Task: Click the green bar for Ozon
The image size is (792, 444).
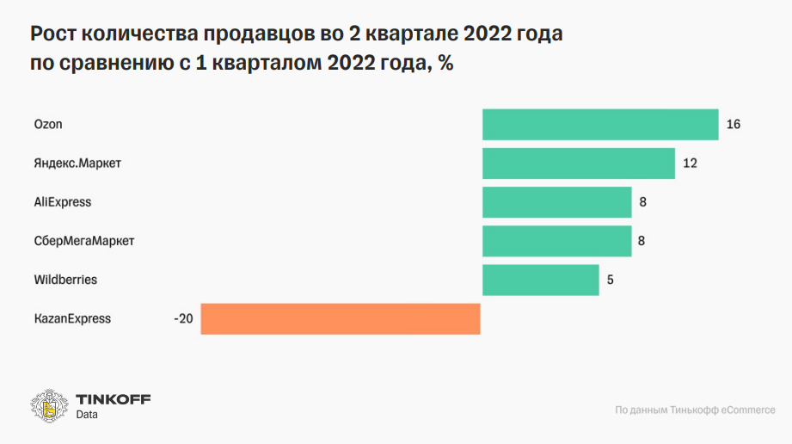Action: (x=599, y=125)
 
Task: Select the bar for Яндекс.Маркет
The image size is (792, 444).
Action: (x=578, y=163)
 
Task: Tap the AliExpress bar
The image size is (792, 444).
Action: (x=556, y=202)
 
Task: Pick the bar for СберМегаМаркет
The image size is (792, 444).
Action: (x=556, y=241)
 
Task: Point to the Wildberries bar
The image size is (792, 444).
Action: (x=540, y=280)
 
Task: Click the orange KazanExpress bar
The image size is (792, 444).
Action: (x=340, y=318)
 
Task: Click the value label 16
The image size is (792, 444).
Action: (x=734, y=125)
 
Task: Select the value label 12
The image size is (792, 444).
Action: (x=690, y=163)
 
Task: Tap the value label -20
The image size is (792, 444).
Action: (x=183, y=319)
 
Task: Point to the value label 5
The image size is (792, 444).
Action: (x=610, y=280)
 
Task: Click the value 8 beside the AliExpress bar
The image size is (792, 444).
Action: (x=642, y=202)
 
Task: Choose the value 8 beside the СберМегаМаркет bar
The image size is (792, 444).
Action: (x=642, y=241)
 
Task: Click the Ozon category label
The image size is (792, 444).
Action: (x=48, y=125)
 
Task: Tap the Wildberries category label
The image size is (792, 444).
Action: (x=65, y=280)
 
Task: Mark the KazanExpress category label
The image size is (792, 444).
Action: (x=72, y=318)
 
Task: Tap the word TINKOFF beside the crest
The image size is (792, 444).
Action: (x=113, y=399)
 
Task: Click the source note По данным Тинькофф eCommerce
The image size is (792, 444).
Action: (x=695, y=410)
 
